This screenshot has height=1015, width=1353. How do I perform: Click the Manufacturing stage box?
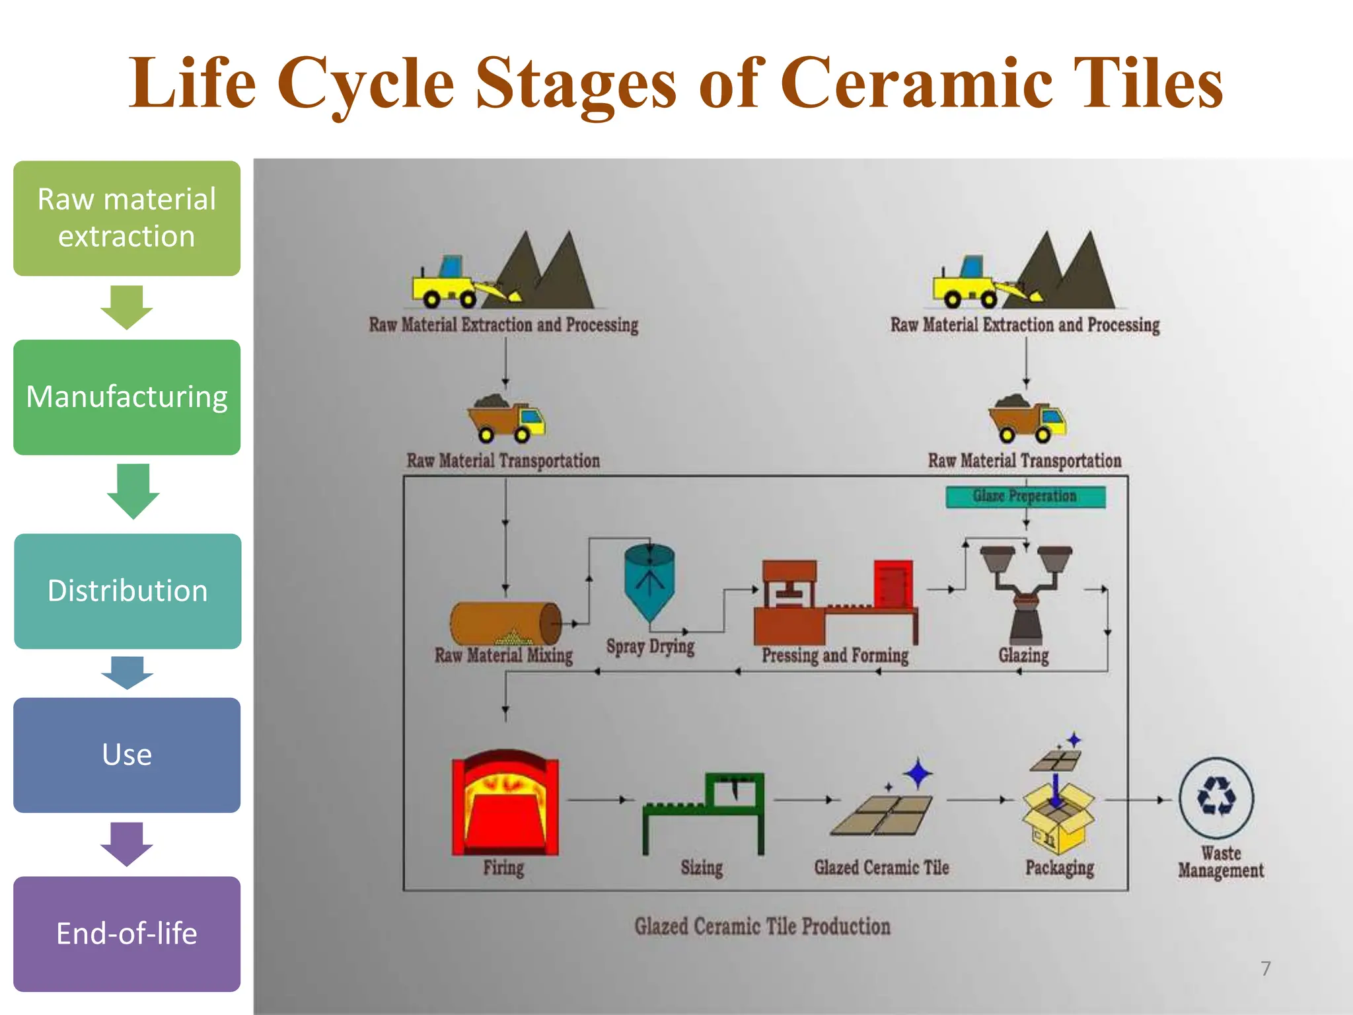coord(127,397)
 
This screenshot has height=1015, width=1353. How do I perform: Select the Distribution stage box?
coord(128,591)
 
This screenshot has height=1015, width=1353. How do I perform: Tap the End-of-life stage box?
coord(127,933)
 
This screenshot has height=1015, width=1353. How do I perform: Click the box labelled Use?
coord(127,755)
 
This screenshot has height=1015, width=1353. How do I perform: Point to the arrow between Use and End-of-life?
coord(127,844)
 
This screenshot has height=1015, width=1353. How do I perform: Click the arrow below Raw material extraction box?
coord(127,307)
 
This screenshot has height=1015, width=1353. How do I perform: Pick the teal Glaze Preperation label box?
coord(1025,496)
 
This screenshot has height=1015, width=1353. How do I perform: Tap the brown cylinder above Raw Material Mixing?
coord(505,623)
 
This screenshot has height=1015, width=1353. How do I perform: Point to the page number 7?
coord(1265,969)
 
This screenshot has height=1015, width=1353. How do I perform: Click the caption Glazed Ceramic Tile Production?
coord(762,926)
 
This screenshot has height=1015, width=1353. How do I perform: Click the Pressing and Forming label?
coord(835,655)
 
